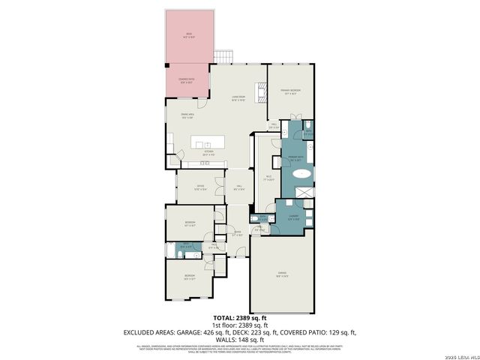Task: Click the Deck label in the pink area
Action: coord(188,35)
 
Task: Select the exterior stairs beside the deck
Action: coord(224,56)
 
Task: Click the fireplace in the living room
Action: coord(262,91)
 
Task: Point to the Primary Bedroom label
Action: coord(290,91)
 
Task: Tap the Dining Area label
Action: coord(187,115)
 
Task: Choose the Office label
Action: coord(200,188)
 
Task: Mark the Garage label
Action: coord(282,275)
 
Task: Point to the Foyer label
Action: coord(237,233)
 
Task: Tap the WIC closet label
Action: coord(268,178)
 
